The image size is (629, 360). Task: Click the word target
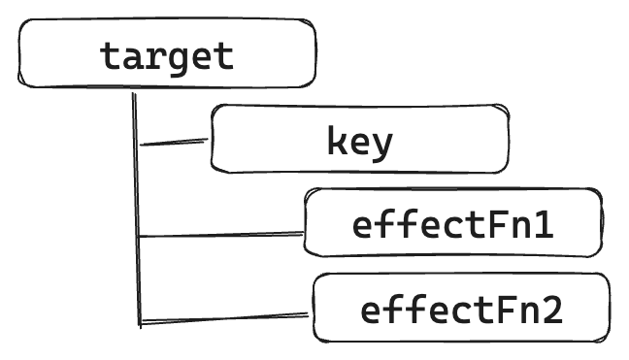[x=167, y=55]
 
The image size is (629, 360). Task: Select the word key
[x=360, y=142]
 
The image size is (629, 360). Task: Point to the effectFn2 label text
[x=461, y=311]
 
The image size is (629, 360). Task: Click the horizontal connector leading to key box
[x=175, y=143]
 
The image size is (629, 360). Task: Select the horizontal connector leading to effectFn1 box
[x=221, y=234]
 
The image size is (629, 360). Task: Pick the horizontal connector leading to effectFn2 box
[x=225, y=317]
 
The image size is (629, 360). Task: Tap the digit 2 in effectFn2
[x=552, y=311]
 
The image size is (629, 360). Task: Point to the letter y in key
[x=383, y=145]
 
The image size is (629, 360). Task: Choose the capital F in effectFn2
[x=506, y=311]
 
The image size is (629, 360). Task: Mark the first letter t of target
[x=112, y=55]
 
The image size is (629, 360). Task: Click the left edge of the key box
[x=213, y=139]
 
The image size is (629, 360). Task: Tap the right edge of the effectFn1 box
[x=600, y=223]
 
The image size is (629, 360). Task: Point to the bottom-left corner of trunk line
[x=140, y=322]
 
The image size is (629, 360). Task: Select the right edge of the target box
[x=315, y=53]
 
